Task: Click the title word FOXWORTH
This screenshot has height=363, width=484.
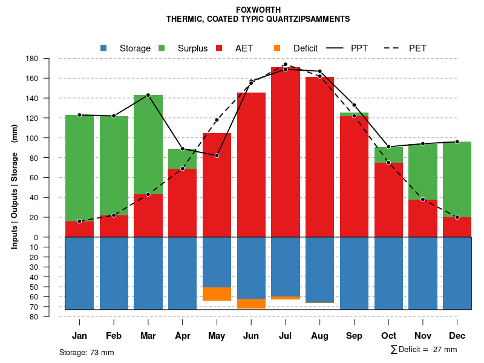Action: pyautogui.click(x=258, y=10)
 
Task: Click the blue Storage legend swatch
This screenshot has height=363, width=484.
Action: pyautogui.click(x=104, y=48)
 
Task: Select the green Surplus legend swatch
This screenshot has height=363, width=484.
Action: pyautogui.click(x=162, y=48)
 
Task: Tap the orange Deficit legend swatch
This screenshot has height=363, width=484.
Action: pyautogui.click(x=277, y=48)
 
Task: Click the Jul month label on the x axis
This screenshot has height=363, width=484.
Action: pyautogui.click(x=286, y=336)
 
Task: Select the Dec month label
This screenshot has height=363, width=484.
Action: pyautogui.click(x=457, y=336)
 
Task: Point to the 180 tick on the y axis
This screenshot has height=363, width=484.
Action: pyautogui.click(x=33, y=59)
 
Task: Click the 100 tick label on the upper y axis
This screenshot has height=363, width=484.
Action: pyautogui.click(x=33, y=138)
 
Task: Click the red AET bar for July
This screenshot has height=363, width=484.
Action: pyautogui.click(x=286, y=151)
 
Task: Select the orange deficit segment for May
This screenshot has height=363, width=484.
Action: pyautogui.click(x=217, y=294)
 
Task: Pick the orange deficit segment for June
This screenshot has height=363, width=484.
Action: pyautogui.click(x=251, y=304)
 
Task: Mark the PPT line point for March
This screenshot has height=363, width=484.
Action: pyautogui.click(x=148, y=95)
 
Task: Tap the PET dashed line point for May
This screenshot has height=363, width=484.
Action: pyautogui.click(x=217, y=120)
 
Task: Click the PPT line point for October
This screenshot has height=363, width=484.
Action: pyautogui.click(x=388, y=147)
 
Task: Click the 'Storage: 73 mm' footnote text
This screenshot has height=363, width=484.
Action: pyautogui.click(x=87, y=352)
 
